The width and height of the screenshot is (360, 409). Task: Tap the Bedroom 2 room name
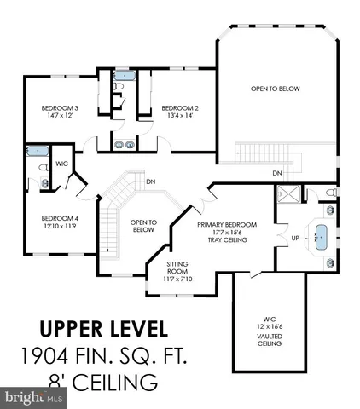click(180, 108)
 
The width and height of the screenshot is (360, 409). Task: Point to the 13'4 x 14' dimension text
click(180, 117)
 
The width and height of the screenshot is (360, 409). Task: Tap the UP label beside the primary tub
click(294, 238)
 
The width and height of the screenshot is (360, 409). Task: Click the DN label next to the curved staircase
click(150, 181)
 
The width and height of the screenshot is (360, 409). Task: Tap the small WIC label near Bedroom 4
click(61, 163)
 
